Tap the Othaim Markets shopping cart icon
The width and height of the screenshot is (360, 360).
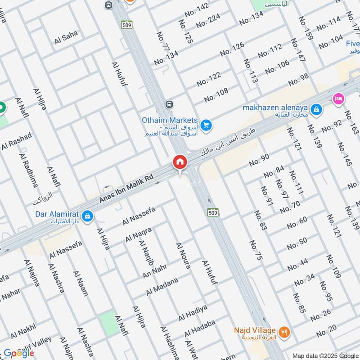pos(206,125)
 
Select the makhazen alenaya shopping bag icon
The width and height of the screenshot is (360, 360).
pos(317,109)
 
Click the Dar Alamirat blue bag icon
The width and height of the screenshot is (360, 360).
pos(89,217)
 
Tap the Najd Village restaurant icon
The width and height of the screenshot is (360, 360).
pos(284,333)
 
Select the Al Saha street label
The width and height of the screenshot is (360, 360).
pos(66,37)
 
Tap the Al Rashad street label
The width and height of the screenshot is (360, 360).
pos(17,141)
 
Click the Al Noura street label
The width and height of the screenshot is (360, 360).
pos(183,255)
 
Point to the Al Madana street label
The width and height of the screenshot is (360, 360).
pos(162,286)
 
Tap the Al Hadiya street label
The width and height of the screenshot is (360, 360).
pos(193,312)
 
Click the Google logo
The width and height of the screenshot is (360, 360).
pos(19,353)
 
